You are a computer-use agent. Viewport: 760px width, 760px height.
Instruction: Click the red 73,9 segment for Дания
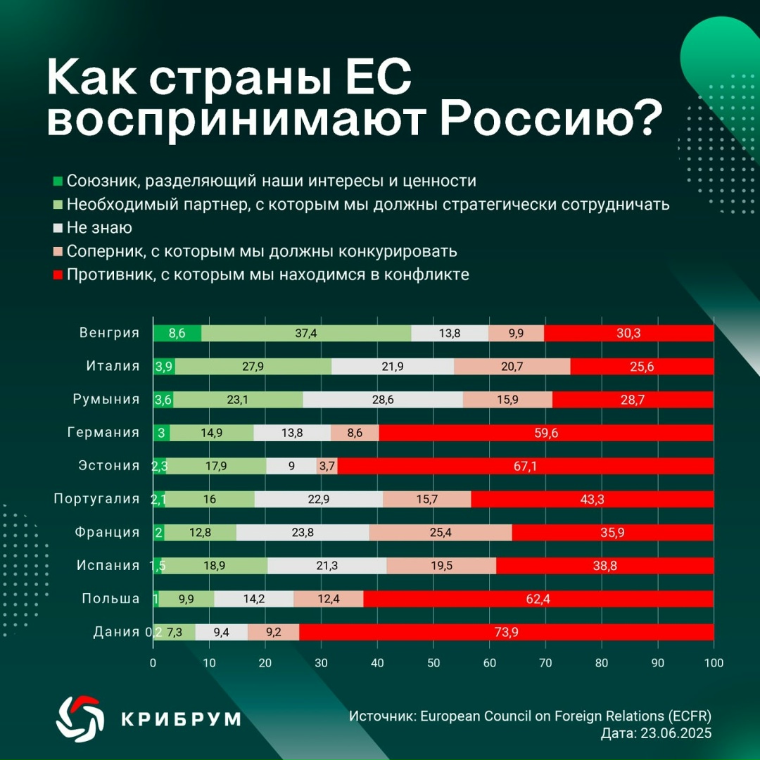(507, 632)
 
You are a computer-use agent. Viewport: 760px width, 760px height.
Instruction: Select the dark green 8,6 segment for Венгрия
(177, 334)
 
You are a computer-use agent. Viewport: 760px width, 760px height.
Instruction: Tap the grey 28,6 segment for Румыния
(383, 400)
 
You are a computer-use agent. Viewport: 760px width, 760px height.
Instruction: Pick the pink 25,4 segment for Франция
(441, 533)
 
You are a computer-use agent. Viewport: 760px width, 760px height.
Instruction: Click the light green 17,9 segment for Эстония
(217, 466)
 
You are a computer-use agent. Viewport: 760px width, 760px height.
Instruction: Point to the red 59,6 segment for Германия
(546, 433)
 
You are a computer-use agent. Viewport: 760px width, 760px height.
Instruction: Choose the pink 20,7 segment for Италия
(512, 367)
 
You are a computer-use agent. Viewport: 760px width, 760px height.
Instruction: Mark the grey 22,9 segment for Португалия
(319, 499)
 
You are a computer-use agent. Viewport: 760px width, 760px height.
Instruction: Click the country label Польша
(110, 598)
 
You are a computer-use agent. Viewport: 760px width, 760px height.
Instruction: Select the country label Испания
(108, 565)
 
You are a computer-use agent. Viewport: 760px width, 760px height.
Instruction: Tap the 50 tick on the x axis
(433, 663)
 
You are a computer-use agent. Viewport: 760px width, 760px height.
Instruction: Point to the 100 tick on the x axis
(713, 663)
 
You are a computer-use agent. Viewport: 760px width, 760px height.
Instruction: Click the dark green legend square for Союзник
(58, 182)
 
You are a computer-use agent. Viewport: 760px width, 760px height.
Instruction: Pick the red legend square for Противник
(58, 274)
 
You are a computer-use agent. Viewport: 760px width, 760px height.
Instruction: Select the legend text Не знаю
(99, 228)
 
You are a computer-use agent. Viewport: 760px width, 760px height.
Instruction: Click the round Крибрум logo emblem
(77, 717)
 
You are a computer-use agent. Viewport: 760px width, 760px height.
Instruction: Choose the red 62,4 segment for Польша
(538, 599)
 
